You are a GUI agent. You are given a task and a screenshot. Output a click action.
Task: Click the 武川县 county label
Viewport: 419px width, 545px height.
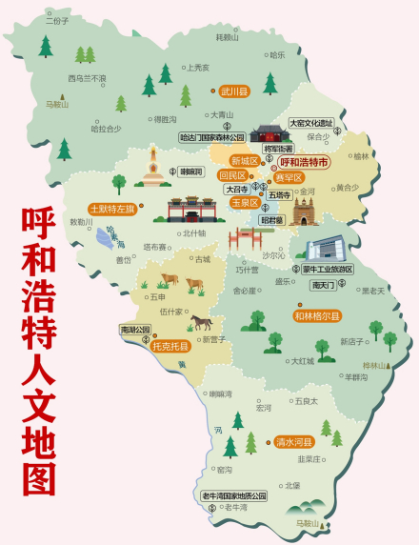[233, 92]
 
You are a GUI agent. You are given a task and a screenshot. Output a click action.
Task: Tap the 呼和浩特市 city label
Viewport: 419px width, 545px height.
[304, 163]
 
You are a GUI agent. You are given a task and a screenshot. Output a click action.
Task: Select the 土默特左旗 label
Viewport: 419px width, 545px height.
[111, 209]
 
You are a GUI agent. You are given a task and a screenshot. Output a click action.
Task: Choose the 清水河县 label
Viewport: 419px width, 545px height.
[294, 442]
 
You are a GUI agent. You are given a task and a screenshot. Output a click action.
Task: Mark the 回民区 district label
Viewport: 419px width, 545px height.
[232, 175]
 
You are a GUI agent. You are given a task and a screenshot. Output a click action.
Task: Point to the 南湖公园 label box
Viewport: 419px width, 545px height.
[135, 330]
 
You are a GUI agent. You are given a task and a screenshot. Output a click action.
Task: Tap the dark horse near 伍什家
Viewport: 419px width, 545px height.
[201, 321]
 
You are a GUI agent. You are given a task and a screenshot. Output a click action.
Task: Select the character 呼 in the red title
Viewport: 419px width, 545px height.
[38, 220]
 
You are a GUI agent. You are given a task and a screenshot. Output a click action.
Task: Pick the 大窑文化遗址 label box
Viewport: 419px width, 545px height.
[310, 123]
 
